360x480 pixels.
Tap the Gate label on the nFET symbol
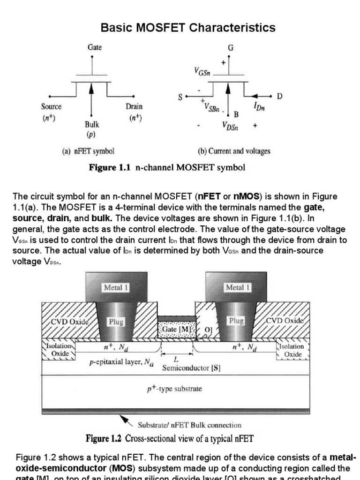[95, 47]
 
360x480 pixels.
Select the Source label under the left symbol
[51, 107]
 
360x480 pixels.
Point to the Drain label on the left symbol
[134, 107]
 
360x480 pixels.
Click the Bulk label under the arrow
[92, 125]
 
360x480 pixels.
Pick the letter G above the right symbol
[231, 48]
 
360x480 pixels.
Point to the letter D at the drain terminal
[279, 97]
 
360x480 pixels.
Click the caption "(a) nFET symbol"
[89, 151]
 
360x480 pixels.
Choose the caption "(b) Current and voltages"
[234, 151]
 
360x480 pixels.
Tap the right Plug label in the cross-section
[236, 321]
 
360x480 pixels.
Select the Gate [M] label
[176, 330]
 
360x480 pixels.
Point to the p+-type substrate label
[174, 389]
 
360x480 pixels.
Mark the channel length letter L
[176, 360]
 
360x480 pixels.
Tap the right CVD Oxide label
[285, 321]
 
